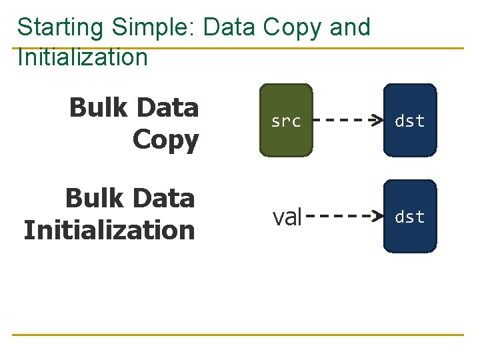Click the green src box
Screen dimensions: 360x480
click(x=286, y=121)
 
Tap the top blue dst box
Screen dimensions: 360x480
click(x=410, y=121)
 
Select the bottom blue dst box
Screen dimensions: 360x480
click(x=410, y=217)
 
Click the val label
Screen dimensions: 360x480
click(x=287, y=217)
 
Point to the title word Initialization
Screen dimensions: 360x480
click(x=83, y=57)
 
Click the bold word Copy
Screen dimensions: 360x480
click(x=165, y=140)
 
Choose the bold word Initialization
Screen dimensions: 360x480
click(x=109, y=231)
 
